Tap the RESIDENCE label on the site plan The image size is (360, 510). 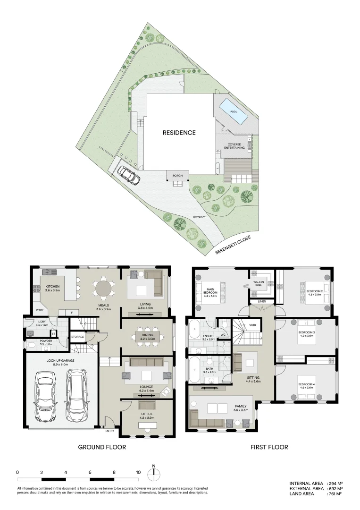click(x=179, y=133)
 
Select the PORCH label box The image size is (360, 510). click(x=177, y=175)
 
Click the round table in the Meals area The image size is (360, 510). click(x=103, y=288)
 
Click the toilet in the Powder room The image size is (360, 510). click(x=32, y=345)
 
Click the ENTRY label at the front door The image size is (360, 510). click(x=110, y=430)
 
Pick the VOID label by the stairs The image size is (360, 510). click(x=253, y=325)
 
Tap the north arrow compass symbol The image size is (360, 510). click(x=154, y=474)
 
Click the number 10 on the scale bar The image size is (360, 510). click(x=138, y=472)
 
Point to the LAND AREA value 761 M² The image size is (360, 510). click(x=335, y=494)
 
